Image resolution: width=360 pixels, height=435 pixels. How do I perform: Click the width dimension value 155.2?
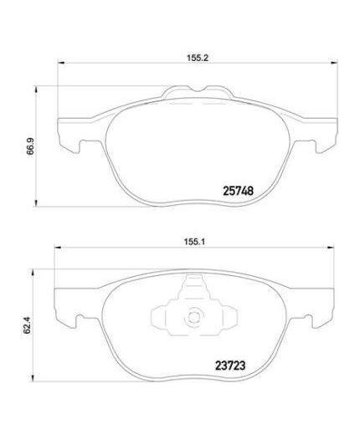[197, 59]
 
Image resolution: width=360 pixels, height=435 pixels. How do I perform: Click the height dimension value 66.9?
[30, 148]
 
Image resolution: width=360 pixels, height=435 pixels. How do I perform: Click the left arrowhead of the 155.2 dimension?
[58, 66]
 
